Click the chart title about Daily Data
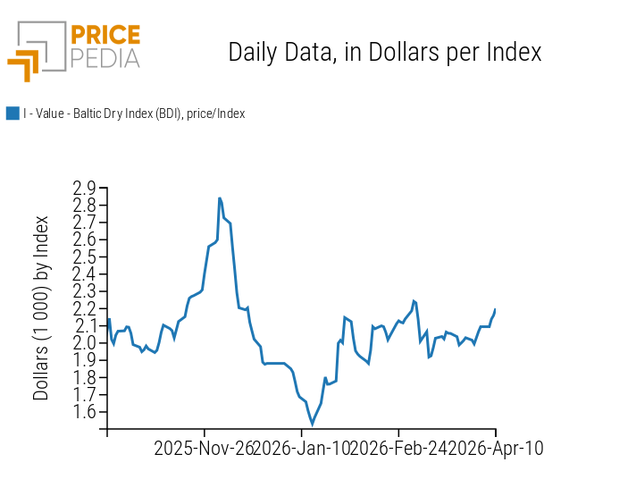385,52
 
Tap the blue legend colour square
13,113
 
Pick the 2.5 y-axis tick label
85,257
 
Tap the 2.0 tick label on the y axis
85,343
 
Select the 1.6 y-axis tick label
85,412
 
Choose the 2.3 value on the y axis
85,291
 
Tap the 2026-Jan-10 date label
301,448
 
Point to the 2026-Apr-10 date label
496,448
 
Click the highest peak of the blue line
220,198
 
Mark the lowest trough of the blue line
313,424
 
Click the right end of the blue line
495,309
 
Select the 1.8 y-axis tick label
85,377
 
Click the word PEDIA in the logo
105,59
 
